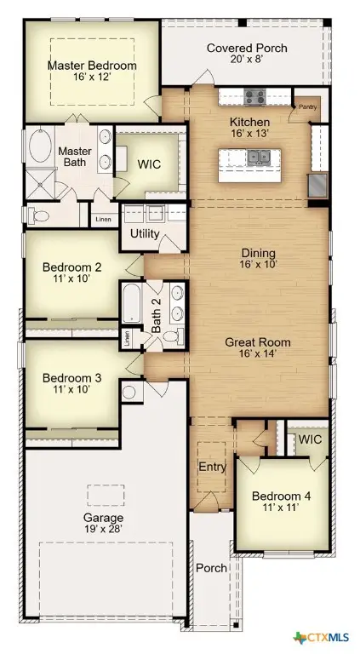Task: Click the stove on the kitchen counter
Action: pyautogui.click(x=254, y=96)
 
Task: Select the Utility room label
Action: pyautogui.click(x=144, y=232)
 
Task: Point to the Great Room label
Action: pyautogui.click(x=257, y=342)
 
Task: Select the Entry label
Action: pyautogui.click(x=210, y=467)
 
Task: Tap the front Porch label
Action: pyautogui.click(x=209, y=568)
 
